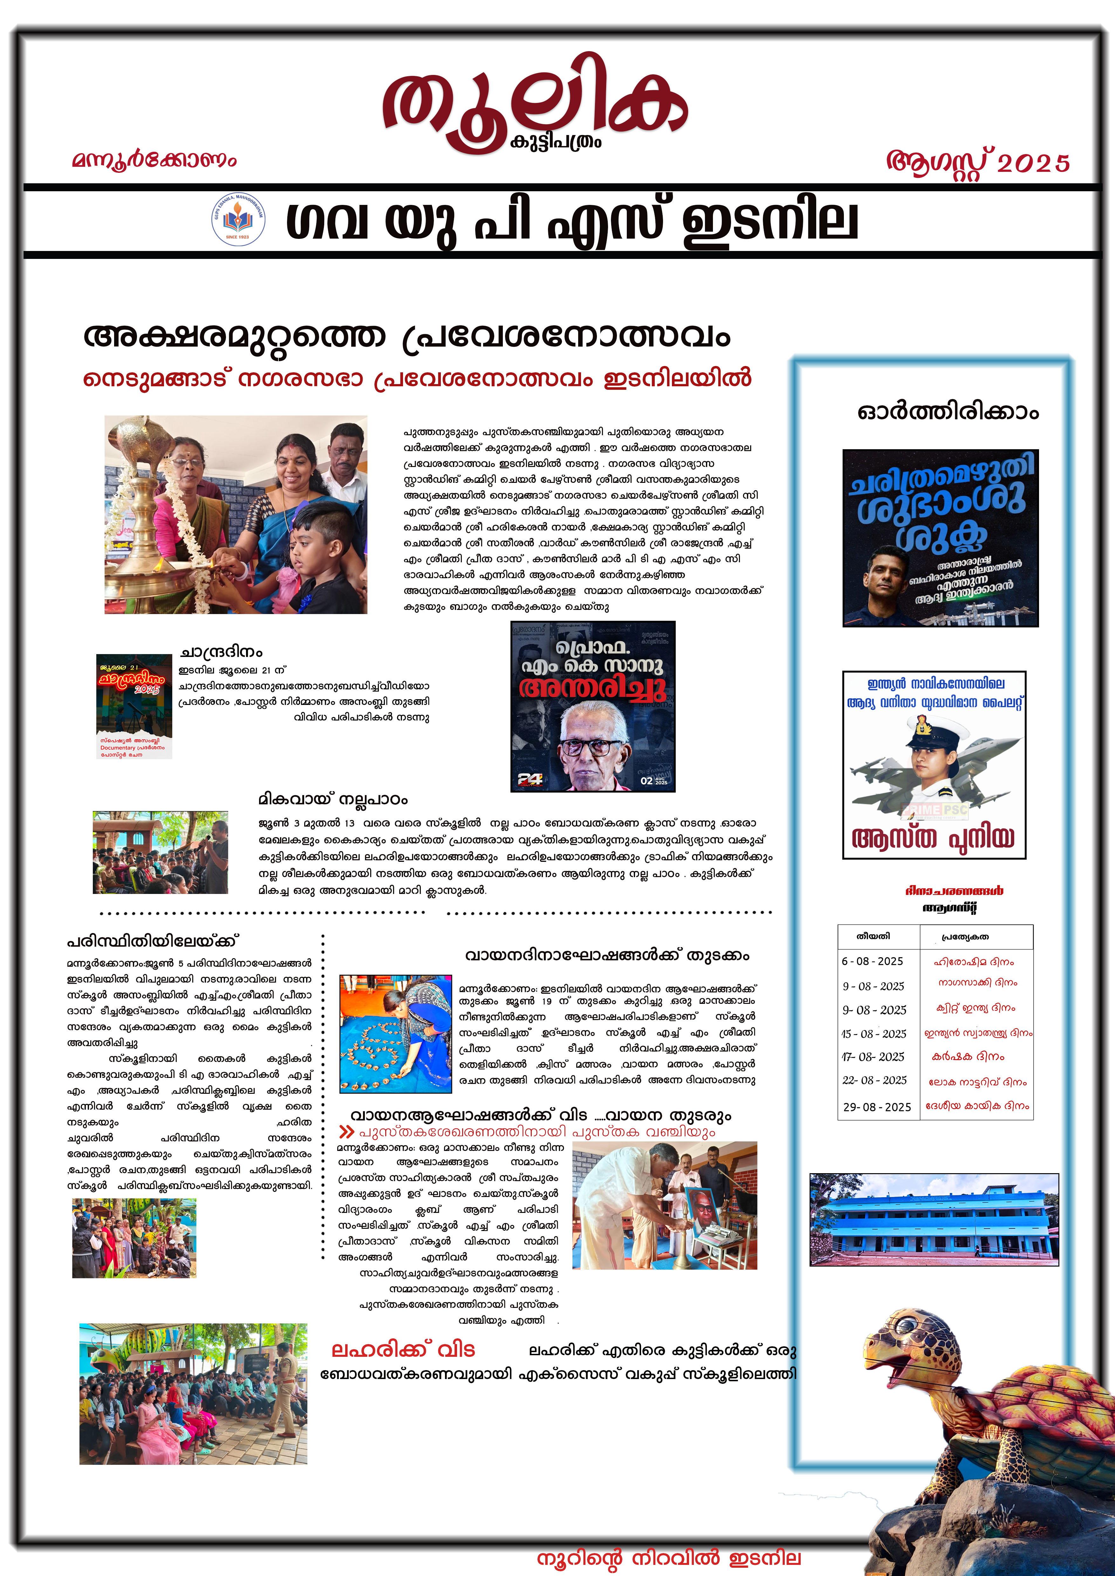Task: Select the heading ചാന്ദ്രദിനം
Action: [x=221, y=652]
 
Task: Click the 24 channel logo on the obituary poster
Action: [x=530, y=779]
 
